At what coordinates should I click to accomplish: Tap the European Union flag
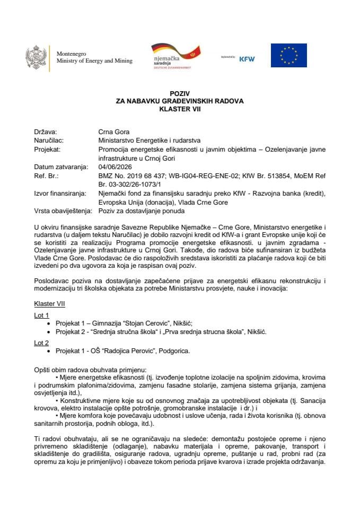click(288, 56)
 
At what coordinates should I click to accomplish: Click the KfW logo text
click(247, 59)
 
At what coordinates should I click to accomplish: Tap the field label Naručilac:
click(49, 141)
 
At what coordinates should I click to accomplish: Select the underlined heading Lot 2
click(41, 343)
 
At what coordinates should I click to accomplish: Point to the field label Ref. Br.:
click(45, 174)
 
